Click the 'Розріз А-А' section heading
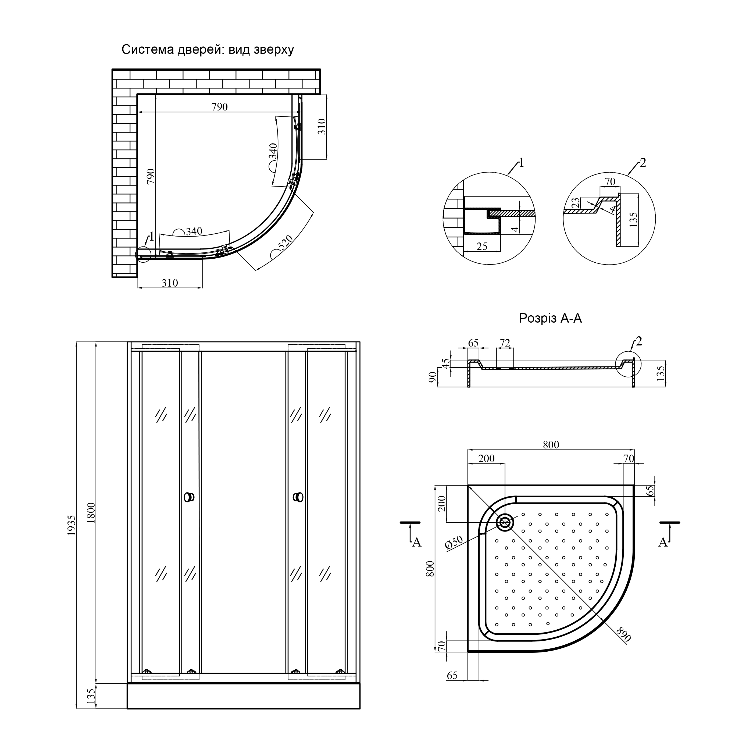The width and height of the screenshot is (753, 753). [x=550, y=318]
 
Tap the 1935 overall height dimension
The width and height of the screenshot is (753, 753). [x=71, y=525]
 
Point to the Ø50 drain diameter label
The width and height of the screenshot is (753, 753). [x=454, y=543]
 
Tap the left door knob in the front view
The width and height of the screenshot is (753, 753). [x=189, y=497]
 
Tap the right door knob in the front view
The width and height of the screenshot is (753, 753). [x=298, y=497]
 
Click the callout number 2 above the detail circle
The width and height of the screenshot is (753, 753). [x=643, y=163]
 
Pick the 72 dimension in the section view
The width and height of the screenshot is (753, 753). [x=505, y=343]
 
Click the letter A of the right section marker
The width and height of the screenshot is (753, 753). [x=663, y=542]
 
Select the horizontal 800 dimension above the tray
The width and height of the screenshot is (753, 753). [x=551, y=445]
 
